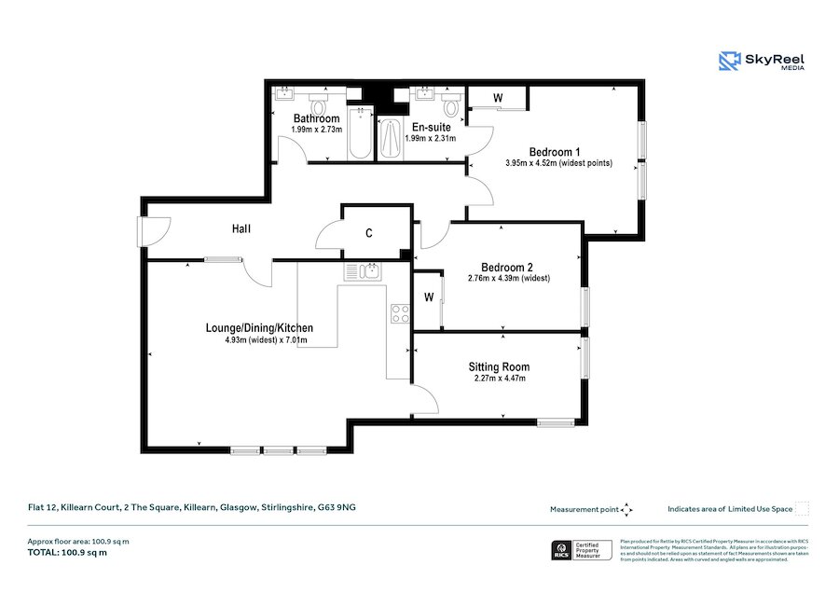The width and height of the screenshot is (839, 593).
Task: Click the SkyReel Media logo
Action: coord(762,62)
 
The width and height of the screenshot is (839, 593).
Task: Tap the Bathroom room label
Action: coord(316,118)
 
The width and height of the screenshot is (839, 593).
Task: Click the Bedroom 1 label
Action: coord(555,152)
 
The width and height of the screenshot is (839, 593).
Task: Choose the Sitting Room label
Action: coord(499,366)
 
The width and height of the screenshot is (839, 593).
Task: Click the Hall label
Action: coord(242,228)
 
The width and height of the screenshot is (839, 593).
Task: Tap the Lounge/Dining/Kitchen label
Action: coord(259,328)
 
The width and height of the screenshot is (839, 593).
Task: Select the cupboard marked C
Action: coord(369,233)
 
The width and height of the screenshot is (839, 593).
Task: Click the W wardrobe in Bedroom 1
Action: coord(498,98)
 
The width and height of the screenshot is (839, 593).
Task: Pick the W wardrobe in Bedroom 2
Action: coord(428,298)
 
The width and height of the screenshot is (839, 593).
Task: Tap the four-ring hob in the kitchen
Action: coord(400,314)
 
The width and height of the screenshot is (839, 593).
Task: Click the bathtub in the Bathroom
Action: coord(358,134)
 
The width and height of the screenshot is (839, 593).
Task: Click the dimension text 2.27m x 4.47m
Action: coord(498,379)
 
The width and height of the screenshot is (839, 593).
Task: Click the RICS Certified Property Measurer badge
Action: coord(582,550)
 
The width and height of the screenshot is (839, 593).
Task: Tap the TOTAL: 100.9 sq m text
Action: coord(67,553)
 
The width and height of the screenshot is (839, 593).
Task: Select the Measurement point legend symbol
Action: coord(627,509)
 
